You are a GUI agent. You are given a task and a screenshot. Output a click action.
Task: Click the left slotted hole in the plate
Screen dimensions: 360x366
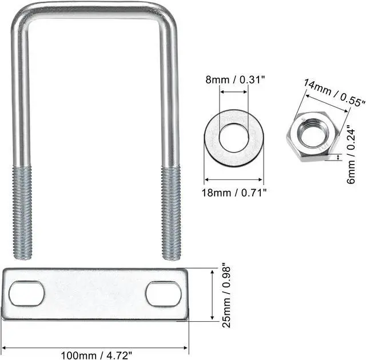(x=26, y=294)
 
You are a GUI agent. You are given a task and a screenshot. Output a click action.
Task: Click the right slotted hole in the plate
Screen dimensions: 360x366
(x=164, y=294)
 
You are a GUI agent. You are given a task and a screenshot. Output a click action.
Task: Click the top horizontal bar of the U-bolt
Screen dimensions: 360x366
(x=91, y=7)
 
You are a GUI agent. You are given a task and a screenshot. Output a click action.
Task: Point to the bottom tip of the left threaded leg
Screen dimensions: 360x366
(x=23, y=257)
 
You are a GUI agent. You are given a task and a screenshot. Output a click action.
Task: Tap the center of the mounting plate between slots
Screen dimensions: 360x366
(x=95, y=294)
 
